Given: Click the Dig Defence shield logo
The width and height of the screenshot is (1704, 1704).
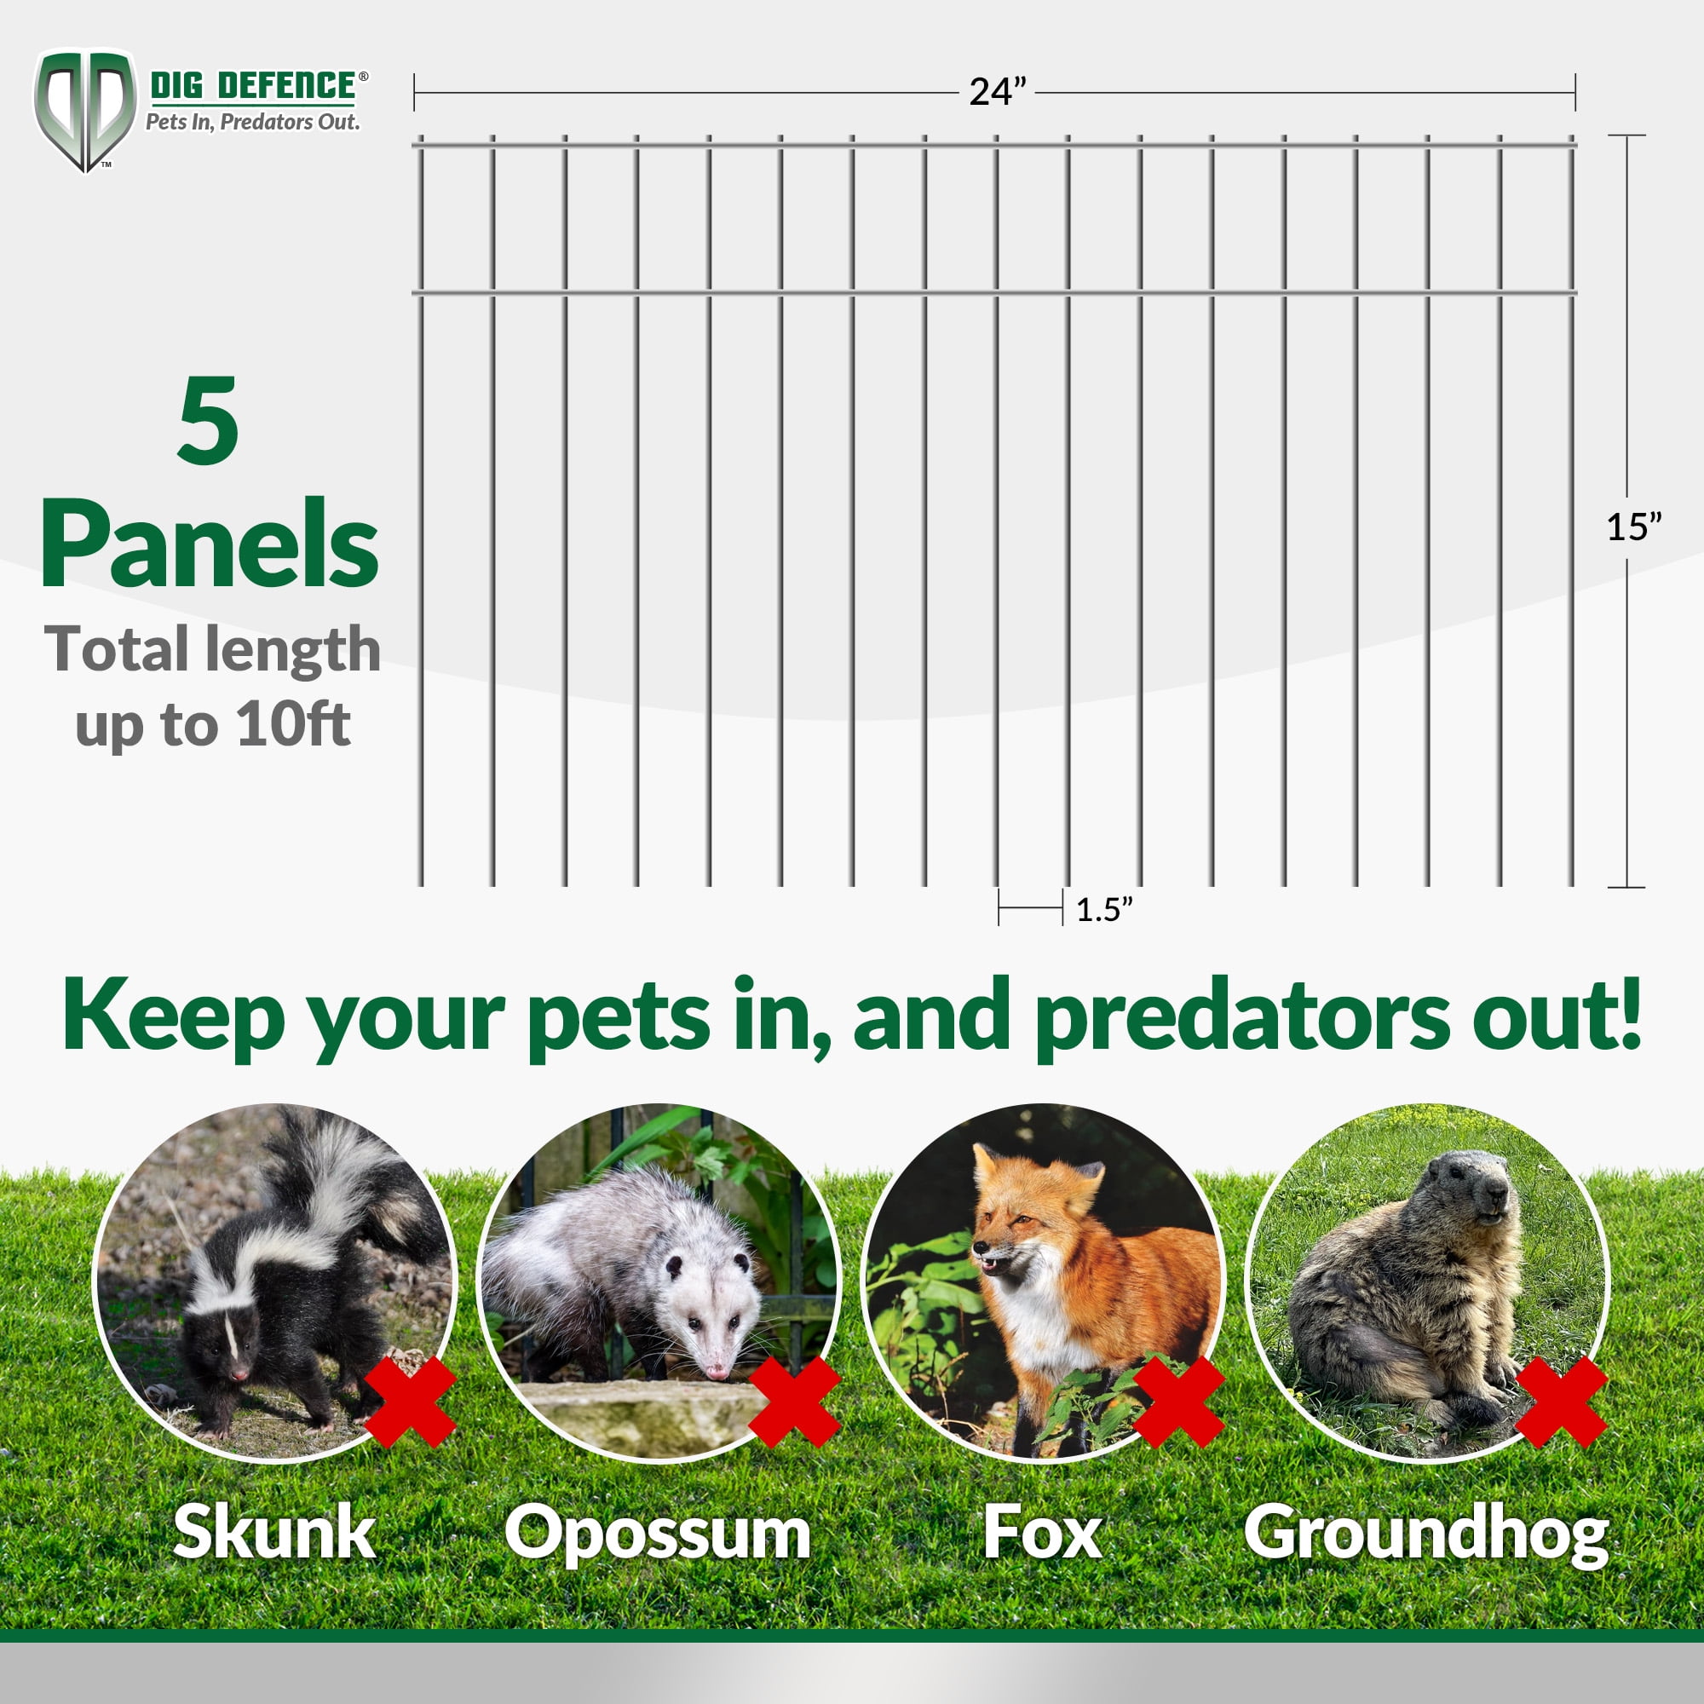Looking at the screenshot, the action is pyautogui.click(x=84, y=110).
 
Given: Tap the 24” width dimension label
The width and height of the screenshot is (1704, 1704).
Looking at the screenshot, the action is pyautogui.click(x=998, y=92).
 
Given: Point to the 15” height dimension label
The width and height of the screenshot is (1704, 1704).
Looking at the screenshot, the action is pyautogui.click(x=1633, y=527).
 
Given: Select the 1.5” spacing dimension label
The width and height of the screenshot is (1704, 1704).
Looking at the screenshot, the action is pyautogui.click(x=1103, y=909).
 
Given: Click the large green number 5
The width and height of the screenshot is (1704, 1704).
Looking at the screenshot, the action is pyautogui.click(x=208, y=421).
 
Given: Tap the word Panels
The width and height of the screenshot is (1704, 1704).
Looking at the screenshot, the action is pyautogui.click(x=210, y=544).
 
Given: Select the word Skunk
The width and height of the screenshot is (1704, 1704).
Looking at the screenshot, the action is pyautogui.click(x=274, y=1532).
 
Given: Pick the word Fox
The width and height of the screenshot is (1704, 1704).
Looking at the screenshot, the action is pyautogui.click(x=1042, y=1533).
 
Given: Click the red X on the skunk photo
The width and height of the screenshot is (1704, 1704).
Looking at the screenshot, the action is pyautogui.click(x=408, y=1402).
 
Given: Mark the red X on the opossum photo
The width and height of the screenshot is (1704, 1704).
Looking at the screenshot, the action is pyautogui.click(x=794, y=1402).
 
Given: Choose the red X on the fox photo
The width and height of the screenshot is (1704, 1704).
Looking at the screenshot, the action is pyautogui.click(x=1178, y=1402).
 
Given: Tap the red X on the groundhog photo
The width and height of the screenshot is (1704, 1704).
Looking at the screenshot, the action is pyautogui.click(x=1562, y=1402).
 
